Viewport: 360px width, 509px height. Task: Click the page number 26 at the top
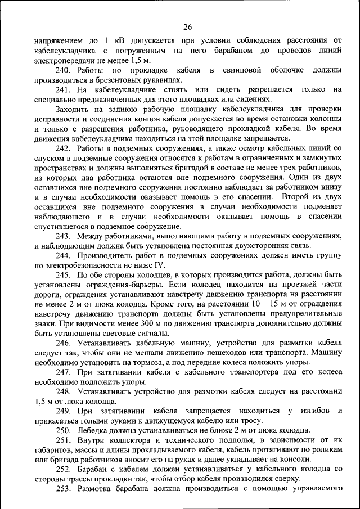point(187,26)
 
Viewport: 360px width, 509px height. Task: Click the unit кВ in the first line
point(119,40)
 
